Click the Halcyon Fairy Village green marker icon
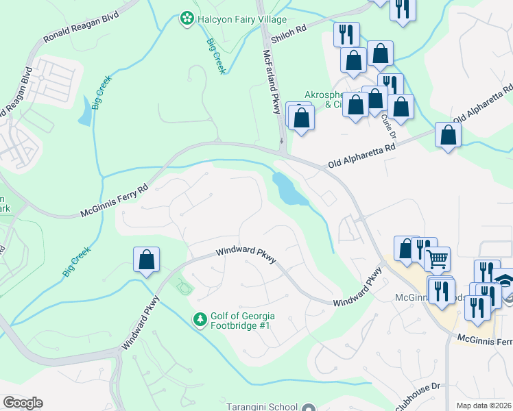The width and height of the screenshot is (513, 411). [x=185, y=18]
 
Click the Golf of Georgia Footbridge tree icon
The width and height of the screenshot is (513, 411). [x=199, y=320]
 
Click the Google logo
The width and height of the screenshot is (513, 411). [x=23, y=403]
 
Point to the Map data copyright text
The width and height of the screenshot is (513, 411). [x=483, y=406]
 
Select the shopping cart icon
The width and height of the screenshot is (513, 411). [x=437, y=258]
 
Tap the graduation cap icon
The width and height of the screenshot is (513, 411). [x=504, y=282]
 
